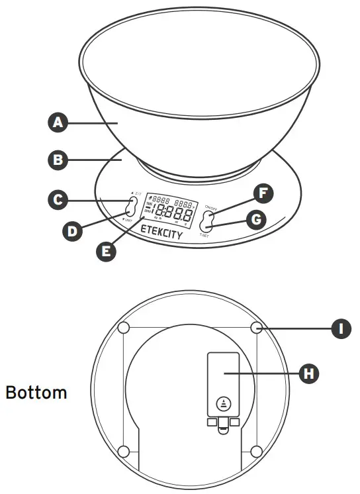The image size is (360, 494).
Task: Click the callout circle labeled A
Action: click(58, 123)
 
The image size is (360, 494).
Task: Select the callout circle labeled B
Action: click(58, 160)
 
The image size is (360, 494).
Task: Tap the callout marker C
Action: click(58, 199)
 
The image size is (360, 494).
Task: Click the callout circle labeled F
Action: click(263, 193)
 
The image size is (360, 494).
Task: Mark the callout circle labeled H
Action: click(308, 373)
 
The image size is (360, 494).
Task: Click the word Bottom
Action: click(36, 392)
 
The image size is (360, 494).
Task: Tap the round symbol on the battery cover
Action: click(223, 403)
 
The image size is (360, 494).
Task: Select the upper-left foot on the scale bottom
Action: click(123, 328)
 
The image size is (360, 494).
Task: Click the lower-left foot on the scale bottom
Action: click(123, 451)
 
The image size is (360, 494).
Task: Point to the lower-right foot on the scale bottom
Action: click(257, 451)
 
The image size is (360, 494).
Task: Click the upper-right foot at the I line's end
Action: click(257, 328)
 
